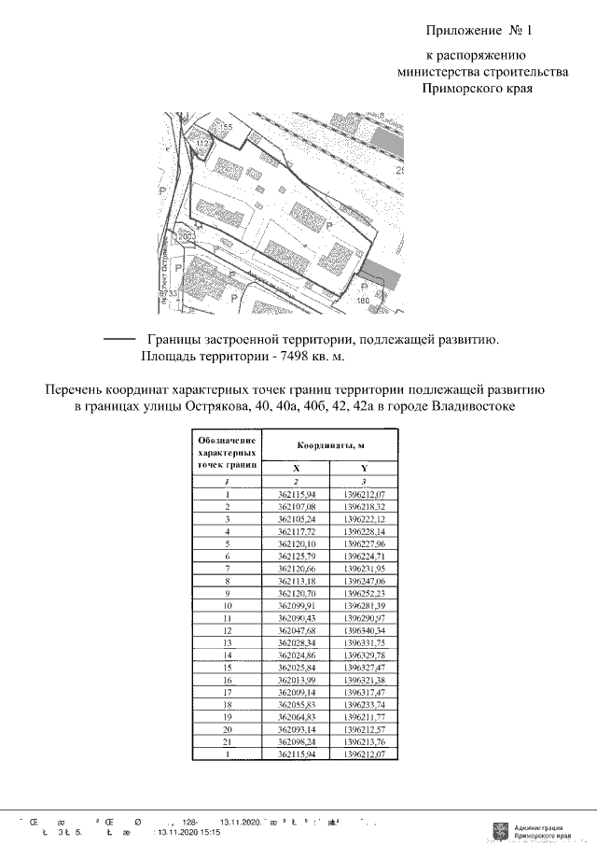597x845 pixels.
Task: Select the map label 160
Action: (x=364, y=301)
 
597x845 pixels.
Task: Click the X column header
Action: (x=297, y=469)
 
